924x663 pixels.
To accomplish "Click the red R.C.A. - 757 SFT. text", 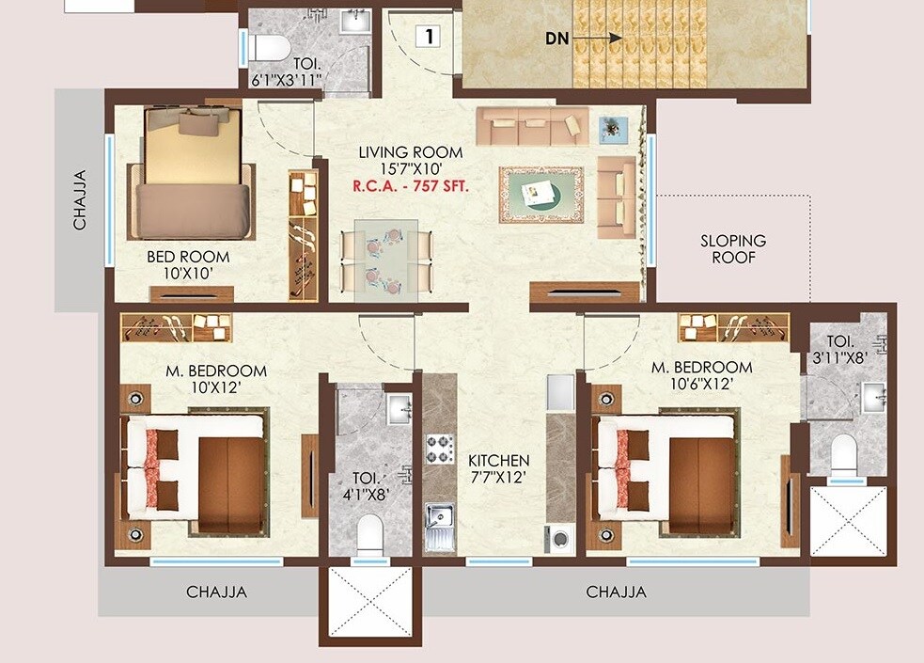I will tap(410, 186).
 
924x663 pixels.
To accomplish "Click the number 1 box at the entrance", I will tap(429, 38).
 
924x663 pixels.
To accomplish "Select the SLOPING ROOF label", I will tap(733, 248).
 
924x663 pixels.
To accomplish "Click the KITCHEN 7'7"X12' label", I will tap(499, 468).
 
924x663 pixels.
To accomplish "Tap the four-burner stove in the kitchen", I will tap(439, 449).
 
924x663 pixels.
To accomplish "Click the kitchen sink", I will tap(439, 520).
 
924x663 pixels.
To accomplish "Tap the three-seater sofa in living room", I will tap(531, 125).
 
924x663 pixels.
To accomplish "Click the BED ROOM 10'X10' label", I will tap(188, 264).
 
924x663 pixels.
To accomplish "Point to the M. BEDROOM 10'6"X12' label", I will tap(701, 375).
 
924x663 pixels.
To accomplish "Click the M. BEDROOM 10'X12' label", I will tap(216, 379).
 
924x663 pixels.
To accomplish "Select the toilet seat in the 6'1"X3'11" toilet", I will tap(264, 45).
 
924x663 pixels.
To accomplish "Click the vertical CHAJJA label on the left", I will tap(81, 198).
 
